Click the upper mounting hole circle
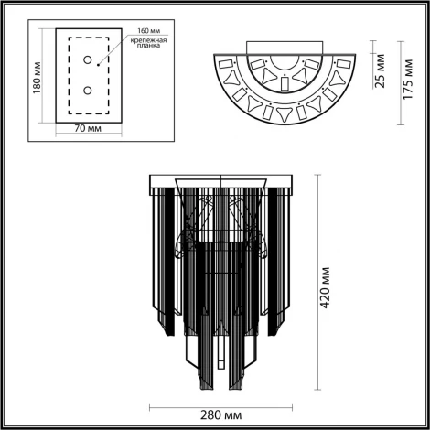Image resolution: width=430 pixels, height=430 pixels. (88, 60)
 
